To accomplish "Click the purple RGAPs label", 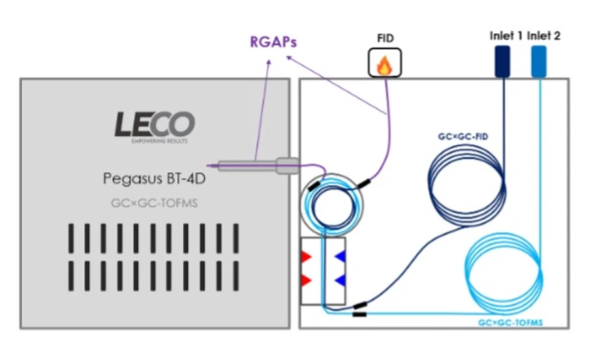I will (x=273, y=42).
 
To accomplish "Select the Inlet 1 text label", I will (x=506, y=36).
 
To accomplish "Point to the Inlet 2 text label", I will (x=543, y=36).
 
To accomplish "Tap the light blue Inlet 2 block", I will (x=538, y=61).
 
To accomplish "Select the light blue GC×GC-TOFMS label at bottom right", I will (x=511, y=322).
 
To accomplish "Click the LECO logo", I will (x=155, y=124).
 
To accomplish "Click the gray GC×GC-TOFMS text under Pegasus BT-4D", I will (x=154, y=203).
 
